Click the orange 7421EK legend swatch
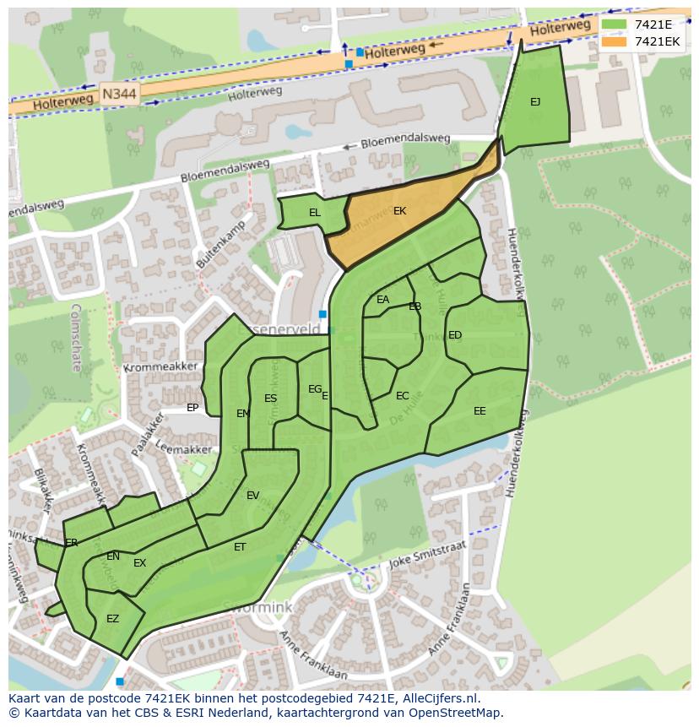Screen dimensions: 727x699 pyautogui.click(x=615, y=41)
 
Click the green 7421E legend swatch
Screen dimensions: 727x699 pyautogui.click(x=615, y=24)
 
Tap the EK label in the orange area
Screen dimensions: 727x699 pyautogui.click(x=399, y=211)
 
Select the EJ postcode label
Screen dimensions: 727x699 pyautogui.click(x=535, y=102)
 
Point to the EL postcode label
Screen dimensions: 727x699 pyautogui.click(x=314, y=213)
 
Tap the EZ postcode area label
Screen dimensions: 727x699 pyautogui.click(x=112, y=619)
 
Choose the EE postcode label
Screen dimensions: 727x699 pyautogui.click(x=480, y=411)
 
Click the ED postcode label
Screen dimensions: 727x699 pyautogui.click(x=455, y=335)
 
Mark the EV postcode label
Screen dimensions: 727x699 pyautogui.click(x=252, y=496)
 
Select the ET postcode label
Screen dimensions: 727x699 pyautogui.click(x=240, y=547)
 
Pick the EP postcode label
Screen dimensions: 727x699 pyautogui.click(x=192, y=408)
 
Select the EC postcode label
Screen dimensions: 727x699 pyautogui.click(x=402, y=396)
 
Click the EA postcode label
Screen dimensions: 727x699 pyautogui.click(x=383, y=300)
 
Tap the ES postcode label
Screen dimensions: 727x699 pyautogui.click(x=270, y=399)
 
